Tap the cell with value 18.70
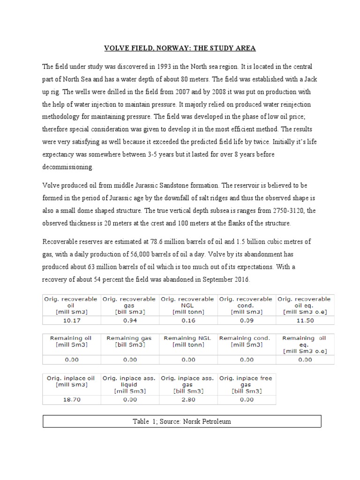click(71, 399)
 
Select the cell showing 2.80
click(188, 399)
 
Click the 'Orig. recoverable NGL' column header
click(187, 305)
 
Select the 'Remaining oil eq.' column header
click(305, 344)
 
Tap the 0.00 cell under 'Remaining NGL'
click(188, 360)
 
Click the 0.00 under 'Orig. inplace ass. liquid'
click(129, 399)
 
